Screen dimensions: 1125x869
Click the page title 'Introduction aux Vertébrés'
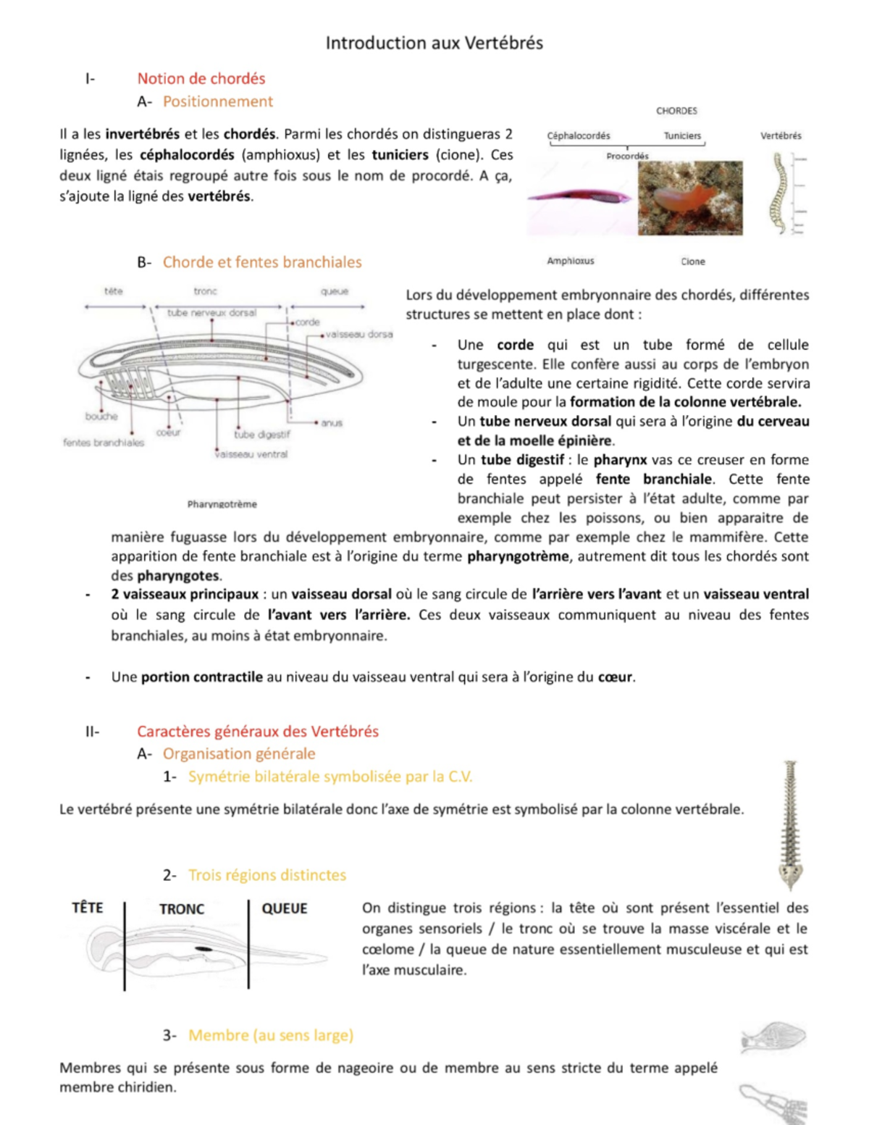pos(434,43)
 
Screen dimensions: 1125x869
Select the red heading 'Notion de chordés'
pos(201,79)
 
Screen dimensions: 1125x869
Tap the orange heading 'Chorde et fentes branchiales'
pos(261,262)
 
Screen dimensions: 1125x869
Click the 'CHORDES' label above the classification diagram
pos(676,111)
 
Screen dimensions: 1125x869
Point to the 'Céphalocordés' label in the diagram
pos(579,135)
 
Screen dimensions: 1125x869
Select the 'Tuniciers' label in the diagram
pos(682,135)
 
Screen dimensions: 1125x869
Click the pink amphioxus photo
pos(579,196)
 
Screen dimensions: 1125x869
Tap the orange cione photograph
pos(690,198)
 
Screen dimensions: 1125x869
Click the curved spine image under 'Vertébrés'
pos(780,193)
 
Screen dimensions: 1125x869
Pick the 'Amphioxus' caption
pos(571,261)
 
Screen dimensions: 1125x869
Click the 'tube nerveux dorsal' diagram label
pos(211,313)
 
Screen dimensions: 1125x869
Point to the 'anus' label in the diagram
pos(332,423)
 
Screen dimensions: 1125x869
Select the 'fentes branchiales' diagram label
pos(104,443)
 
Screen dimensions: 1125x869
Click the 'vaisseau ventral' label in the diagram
pos(251,454)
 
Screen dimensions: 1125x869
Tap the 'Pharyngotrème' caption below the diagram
pos(222,504)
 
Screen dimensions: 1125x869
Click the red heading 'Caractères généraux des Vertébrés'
pos(258,732)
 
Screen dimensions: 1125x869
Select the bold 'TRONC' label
pos(182,909)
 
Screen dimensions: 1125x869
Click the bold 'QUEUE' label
pos(285,908)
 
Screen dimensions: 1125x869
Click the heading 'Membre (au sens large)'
pos(271,1035)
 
